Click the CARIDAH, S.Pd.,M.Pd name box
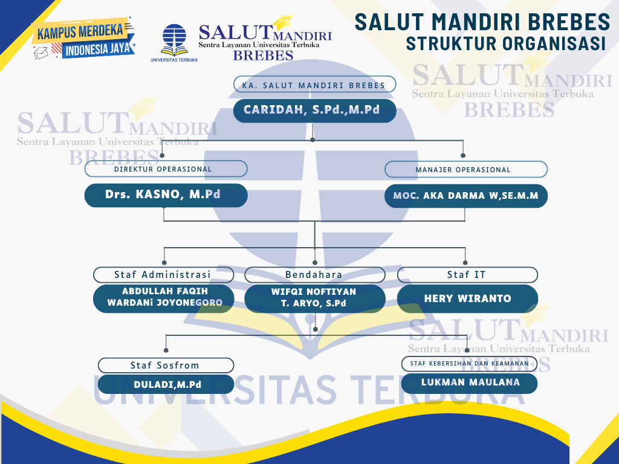[x=315, y=111]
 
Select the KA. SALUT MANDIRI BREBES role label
[x=314, y=85]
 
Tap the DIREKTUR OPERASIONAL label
[x=166, y=169]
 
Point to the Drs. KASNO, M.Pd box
[x=166, y=195]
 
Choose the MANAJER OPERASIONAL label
[x=465, y=169]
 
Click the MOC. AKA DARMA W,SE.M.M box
[x=465, y=196]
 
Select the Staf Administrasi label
[x=163, y=275]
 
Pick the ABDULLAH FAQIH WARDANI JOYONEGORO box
[x=163, y=298]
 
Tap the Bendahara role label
[x=314, y=275]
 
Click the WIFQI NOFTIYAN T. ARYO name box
[x=314, y=298]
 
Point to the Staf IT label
[x=467, y=275]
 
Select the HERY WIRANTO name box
[x=467, y=298]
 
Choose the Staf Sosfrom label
[x=166, y=365]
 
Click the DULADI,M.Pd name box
[x=166, y=384]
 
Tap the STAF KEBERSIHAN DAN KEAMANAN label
[x=469, y=363]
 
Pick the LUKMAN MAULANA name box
[x=469, y=382]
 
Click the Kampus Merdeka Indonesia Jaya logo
[x=83, y=40]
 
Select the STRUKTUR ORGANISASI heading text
[x=506, y=43]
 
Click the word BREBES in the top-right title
[x=569, y=22]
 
